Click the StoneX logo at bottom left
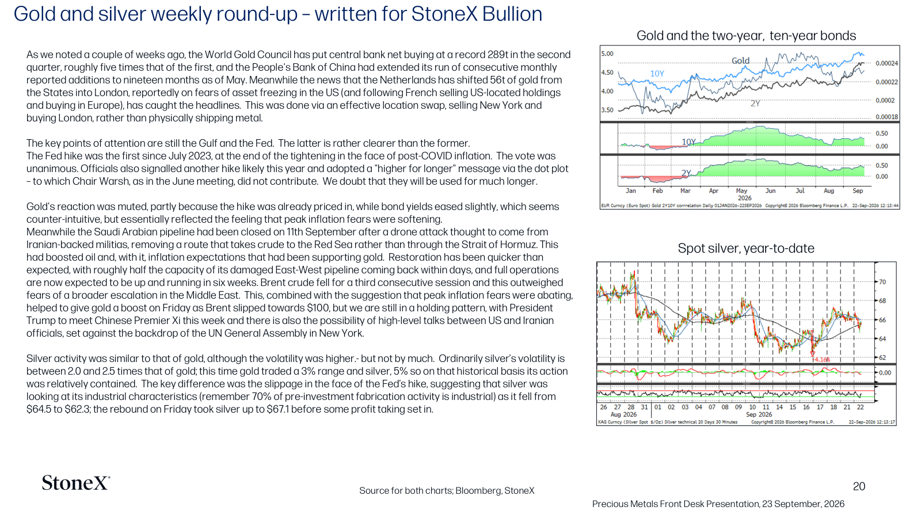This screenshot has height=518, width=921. click(x=75, y=483)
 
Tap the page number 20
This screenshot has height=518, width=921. click(x=859, y=486)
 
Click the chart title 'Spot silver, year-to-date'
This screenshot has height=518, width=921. click(x=746, y=248)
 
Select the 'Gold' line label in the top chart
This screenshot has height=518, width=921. click(x=740, y=61)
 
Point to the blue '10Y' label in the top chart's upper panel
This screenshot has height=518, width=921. click(x=657, y=74)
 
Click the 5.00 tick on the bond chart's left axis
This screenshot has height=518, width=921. click(x=607, y=54)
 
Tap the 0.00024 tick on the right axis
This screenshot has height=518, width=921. click(x=887, y=63)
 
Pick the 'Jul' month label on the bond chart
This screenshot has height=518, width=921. click(x=800, y=191)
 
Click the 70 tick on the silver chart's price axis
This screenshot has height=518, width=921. click(x=882, y=282)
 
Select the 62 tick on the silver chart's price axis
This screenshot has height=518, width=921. click(x=882, y=357)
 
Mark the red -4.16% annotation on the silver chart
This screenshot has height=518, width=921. click(x=821, y=360)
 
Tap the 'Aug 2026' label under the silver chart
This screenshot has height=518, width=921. click(x=623, y=414)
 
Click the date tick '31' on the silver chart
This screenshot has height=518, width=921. click(x=644, y=407)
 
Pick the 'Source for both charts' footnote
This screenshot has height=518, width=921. click(x=447, y=490)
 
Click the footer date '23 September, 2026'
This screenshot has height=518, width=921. click(x=803, y=504)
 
